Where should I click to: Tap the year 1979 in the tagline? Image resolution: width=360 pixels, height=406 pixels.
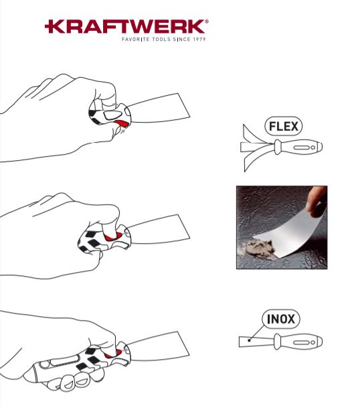coord(195,40)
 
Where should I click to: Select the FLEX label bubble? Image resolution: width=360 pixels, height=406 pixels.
coord(284,125)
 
